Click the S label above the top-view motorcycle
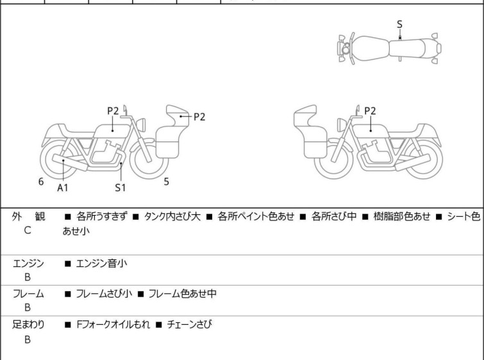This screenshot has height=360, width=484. coord(399,24)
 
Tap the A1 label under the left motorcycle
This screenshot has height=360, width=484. coord(63,187)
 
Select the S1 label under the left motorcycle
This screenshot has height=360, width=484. coord(121,187)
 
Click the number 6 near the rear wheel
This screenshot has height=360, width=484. coord(41,182)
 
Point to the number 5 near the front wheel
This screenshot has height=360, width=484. coord(167,182)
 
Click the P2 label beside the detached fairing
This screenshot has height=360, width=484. coord(199,117)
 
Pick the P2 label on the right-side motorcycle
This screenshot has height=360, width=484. coord(370,110)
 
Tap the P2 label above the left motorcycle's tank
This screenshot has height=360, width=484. coord(113,110)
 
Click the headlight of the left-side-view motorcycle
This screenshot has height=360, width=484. coord(141,125)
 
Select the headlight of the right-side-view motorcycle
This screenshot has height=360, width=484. coord(342,125)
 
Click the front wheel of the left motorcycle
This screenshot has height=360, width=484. coord(149,160)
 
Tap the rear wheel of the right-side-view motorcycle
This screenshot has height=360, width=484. coord(424,160)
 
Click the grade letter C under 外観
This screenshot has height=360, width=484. coord(28,230)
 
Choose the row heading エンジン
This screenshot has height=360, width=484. coord(28,264)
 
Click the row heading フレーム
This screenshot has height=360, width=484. coord(28,293)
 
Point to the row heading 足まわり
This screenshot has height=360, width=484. coord(28,325)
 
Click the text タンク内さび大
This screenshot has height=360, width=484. coord(172,216)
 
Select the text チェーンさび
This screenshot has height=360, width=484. coord(190,325)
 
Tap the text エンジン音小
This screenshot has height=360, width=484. coord(101,264)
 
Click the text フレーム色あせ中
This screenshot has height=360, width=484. coord(183,293)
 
